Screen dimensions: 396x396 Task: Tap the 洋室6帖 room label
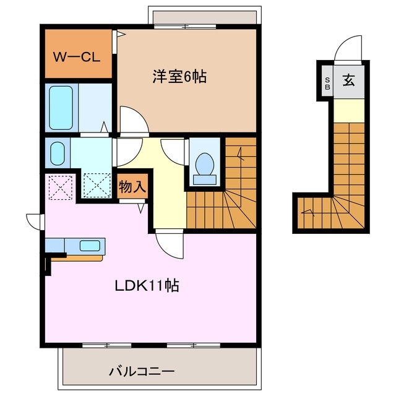pyautogui.click(x=179, y=77)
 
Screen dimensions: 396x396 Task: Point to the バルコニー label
pyautogui.click(x=142, y=372)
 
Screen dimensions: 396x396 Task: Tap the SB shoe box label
pyautogui.click(x=327, y=83)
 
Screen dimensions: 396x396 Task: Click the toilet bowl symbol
pyautogui.click(x=204, y=165)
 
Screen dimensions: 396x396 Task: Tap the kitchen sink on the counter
pyautogui.click(x=90, y=245)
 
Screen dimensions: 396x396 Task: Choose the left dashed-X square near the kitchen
pyautogui.click(x=60, y=187)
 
